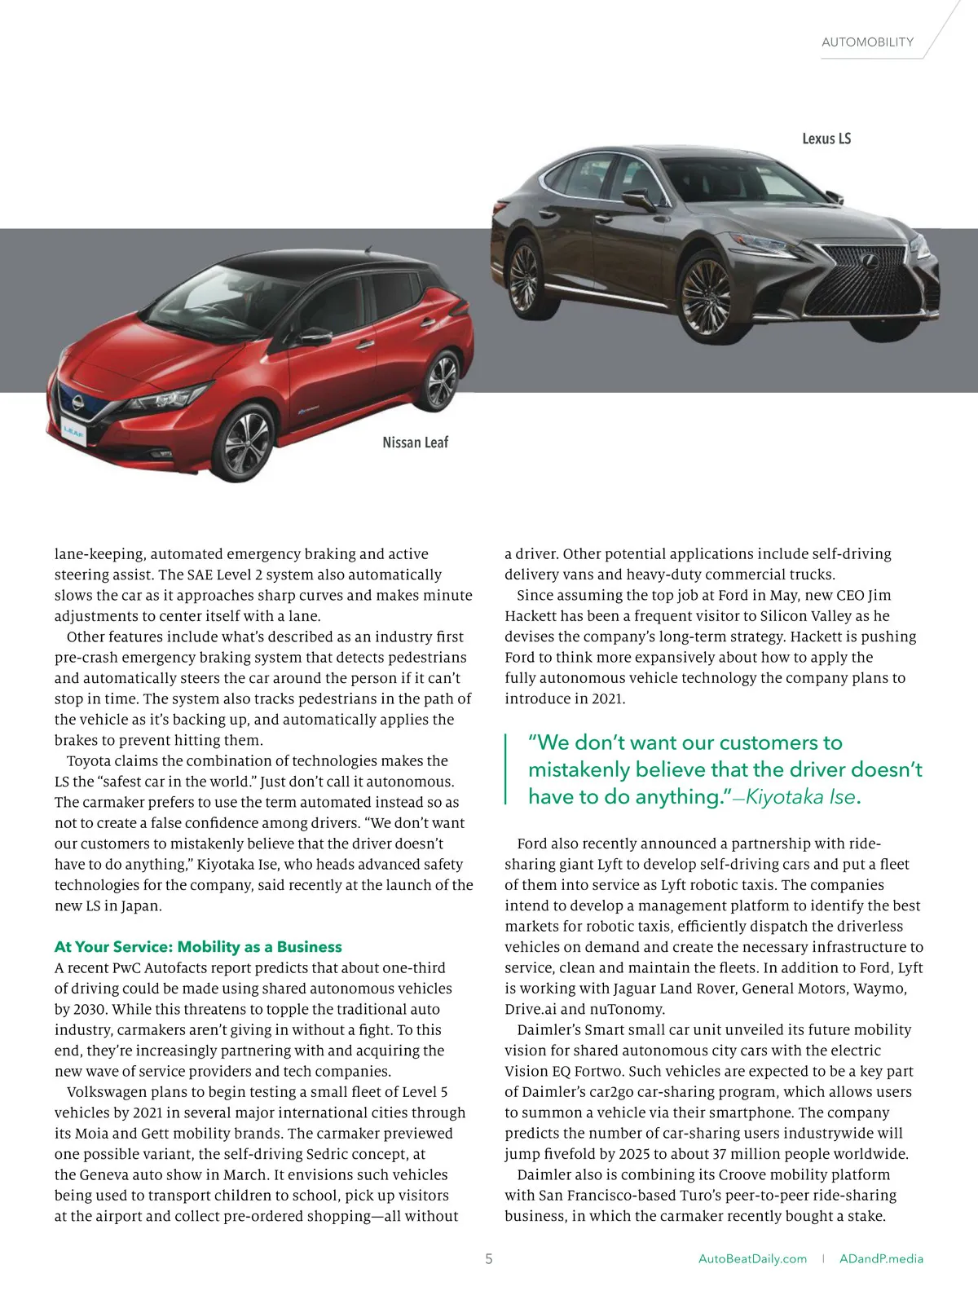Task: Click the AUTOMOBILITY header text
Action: click(x=867, y=42)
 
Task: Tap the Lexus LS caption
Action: click(x=826, y=139)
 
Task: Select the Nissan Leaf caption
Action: click(x=415, y=443)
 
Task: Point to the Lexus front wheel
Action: click(x=706, y=294)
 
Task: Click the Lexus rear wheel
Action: click(x=523, y=276)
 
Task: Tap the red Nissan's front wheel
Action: click(x=247, y=443)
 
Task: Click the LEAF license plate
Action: click(x=73, y=430)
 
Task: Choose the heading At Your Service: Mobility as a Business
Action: click(x=198, y=947)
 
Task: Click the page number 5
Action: click(x=489, y=1259)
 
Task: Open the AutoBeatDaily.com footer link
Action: click(x=752, y=1259)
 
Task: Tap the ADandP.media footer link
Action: click(x=881, y=1259)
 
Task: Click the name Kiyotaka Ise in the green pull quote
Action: click(x=800, y=797)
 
